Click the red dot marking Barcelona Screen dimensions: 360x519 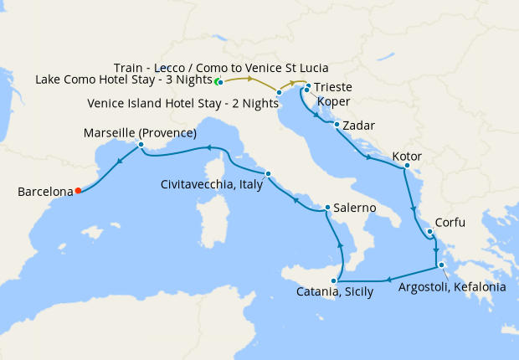pyautogui.click(x=78, y=190)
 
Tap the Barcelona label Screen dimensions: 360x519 pyautogui.click(x=45, y=192)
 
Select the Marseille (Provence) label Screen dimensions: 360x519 pyautogui.click(x=140, y=133)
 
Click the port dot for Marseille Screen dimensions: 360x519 pyautogui.click(x=141, y=145)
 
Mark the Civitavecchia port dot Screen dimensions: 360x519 pyautogui.click(x=268, y=174)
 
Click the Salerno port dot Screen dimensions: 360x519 pyautogui.click(x=327, y=208)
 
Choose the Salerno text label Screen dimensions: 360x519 pyautogui.click(x=354, y=207)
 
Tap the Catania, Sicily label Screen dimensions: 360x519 pyautogui.click(x=334, y=292)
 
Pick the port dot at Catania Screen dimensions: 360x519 pyautogui.click(x=334, y=280)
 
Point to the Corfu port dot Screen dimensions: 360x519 pyautogui.click(x=429, y=232)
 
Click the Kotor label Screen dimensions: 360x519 pyautogui.click(x=407, y=157)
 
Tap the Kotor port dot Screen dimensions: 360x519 pyautogui.click(x=406, y=166)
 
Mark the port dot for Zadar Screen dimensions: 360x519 pyautogui.click(x=337, y=126)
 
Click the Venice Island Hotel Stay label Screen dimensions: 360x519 pyautogui.click(x=182, y=104)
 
